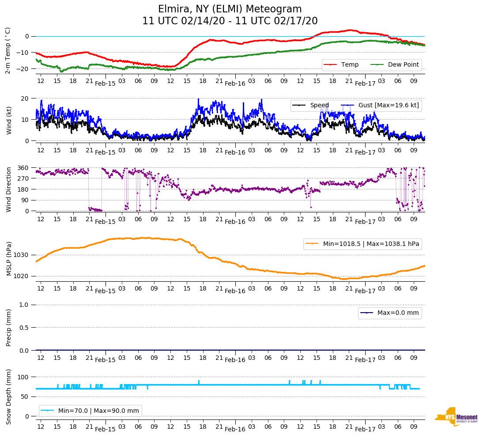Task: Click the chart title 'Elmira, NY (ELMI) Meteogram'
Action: pyautogui.click(x=230, y=9)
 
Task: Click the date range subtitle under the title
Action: pyautogui.click(x=230, y=21)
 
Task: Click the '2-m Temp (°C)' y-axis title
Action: pyautogui.click(x=8, y=50)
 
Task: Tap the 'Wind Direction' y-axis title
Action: pyautogui.click(x=8, y=189)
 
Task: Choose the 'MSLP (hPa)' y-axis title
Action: pyautogui.click(x=8, y=259)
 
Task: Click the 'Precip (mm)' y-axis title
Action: pyautogui.click(x=8, y=327)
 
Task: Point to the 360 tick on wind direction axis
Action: pyautogui.click(x=23, y=168)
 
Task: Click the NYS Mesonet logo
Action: pyautogui.click(x=456, y=416)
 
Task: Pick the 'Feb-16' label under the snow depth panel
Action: pyautogui.click(x=235, y=429)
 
